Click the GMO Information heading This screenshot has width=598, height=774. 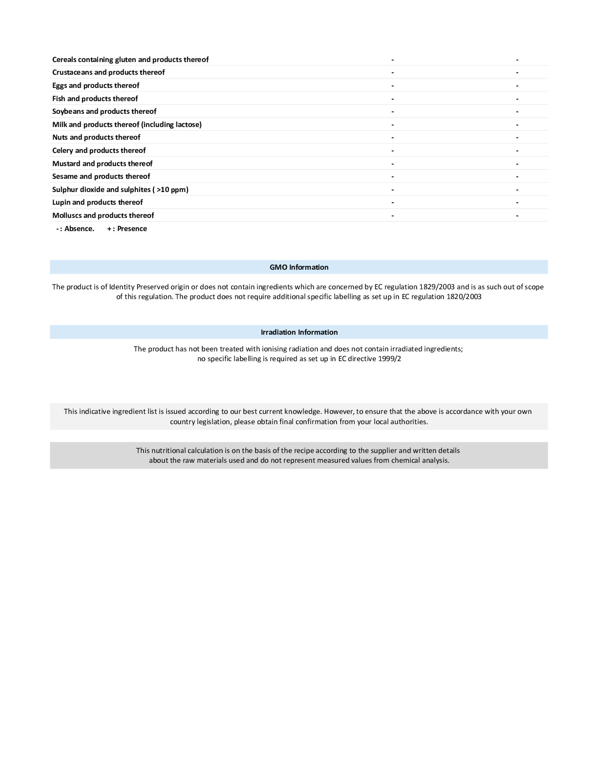click(299, 267)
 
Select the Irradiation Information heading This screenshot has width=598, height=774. click(299, 332)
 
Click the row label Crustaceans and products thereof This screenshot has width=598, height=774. click(108, 72)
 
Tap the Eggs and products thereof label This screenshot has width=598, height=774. click(96, 86)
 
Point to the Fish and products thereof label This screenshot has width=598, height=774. click(95, 99)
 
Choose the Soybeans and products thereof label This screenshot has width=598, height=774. click(104, 111)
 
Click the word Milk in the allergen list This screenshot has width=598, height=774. click(60, 125)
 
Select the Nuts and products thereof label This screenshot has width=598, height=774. click(96, 137)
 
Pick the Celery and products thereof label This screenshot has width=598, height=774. click(99, 150)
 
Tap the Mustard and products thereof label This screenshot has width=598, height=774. click(102, 164)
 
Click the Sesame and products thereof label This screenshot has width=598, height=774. click(101, 176)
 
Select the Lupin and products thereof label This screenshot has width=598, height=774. click(97, 202)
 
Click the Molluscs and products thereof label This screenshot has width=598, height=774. click(103, 215)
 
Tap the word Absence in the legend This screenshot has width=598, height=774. click(79, 229)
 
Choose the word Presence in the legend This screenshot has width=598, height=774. click(132, 229)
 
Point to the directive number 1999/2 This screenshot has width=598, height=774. click(389, 359)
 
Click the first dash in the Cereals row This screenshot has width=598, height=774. click(393, 60)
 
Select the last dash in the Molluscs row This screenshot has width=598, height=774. click(517, 216)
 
